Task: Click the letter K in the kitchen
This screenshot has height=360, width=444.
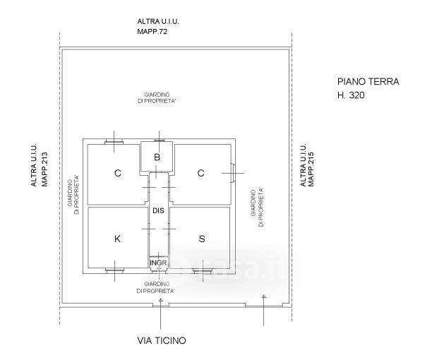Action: coord(117,239)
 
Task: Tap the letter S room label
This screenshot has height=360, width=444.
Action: coord(202,239)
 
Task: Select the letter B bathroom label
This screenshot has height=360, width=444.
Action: coord(157,157)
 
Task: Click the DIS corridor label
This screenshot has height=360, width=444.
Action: coord(158,210)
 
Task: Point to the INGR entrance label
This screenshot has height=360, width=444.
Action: coord(158,263)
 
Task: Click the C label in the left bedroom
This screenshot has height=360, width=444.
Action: coord(118,173)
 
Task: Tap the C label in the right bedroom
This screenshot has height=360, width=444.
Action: coord(200,173)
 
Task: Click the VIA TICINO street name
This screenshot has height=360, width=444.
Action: coord(162,340)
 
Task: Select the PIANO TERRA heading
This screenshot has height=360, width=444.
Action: coord(368,82)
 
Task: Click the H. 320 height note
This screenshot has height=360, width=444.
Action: coord(351,95)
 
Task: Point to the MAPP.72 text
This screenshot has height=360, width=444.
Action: coord(152,31)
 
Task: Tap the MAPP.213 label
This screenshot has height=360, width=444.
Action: coord(44,169)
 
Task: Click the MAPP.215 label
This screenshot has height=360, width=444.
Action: coord(311,169)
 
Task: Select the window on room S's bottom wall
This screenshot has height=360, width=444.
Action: coord(203,271)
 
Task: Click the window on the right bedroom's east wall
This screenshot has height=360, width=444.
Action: coord(232,173)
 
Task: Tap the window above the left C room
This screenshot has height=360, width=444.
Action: coord(114,141)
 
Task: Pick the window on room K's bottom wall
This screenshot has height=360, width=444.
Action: coord(114,271)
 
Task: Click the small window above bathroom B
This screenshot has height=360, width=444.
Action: coord(159,140)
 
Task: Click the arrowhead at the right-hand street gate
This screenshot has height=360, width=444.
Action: coord(263,297)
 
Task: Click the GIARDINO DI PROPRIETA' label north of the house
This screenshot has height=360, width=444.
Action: coord(158,97)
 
